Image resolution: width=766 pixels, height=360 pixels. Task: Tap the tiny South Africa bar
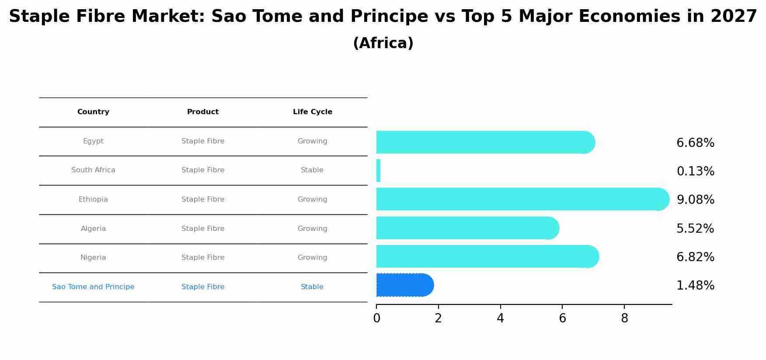pos(379,171)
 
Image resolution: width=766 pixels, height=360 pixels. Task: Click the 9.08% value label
pos(695,200)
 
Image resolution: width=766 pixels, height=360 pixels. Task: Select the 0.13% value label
pos(695,171)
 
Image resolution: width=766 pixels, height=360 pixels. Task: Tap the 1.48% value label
pos(695,286)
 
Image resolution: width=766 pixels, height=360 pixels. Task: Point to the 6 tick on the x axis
pos(562,318)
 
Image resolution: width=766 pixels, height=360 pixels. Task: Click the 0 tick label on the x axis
pos(376,318)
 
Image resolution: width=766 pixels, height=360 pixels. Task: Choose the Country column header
pos(93,112)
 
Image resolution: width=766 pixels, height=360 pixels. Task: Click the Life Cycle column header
pos(313,112)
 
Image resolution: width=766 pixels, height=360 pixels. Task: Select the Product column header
pos(203,112)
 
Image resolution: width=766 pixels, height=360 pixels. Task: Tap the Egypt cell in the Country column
pos(93,141)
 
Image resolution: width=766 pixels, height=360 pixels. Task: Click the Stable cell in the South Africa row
pos(312,170)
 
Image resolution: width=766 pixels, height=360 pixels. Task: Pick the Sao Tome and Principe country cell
pos(93,287)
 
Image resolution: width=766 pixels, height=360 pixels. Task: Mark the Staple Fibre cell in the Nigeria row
pos(203,258)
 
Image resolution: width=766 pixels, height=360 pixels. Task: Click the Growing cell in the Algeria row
pos(312,229)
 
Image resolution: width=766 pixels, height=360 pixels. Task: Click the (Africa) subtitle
pos(383,43)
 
